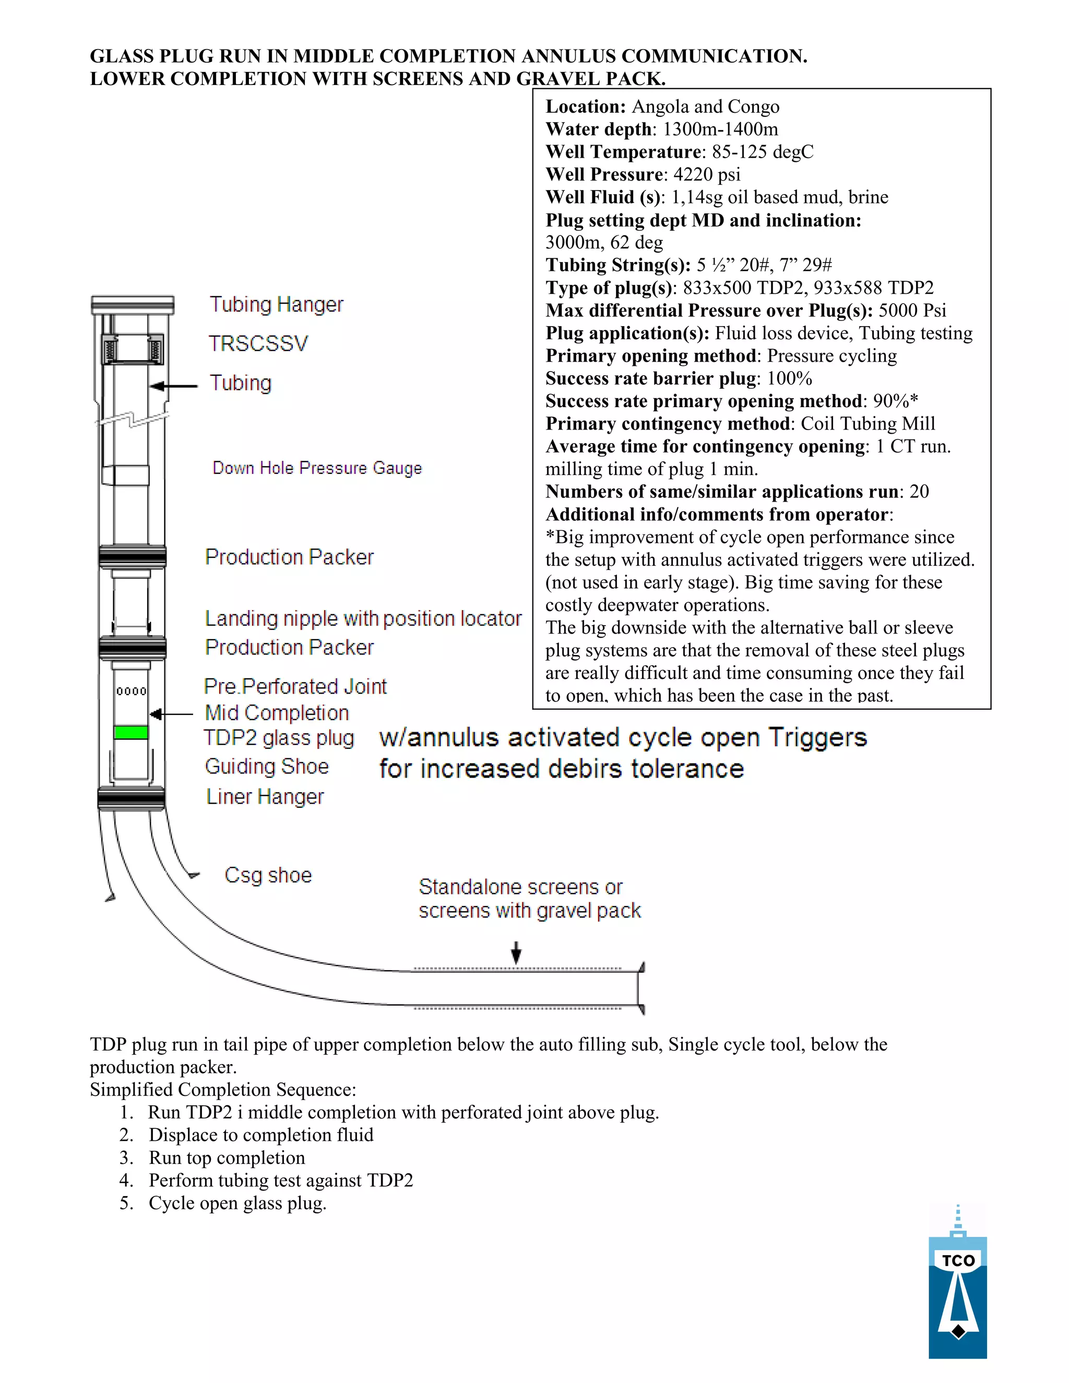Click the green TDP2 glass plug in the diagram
[131, 733]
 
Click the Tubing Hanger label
[276, 305]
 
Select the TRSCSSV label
[258, 344]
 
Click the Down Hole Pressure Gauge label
[317, 468]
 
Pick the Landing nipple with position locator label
[363, 618]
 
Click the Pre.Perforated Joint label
[295, 686]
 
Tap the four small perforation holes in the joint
[131, 691]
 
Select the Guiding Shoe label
[267, 767]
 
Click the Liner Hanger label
[265, 796]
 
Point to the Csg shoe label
[268, 875]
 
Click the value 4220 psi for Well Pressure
[706, 175]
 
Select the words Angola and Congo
[706, 107]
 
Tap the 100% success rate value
[789, 379]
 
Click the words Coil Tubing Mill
[868, 424]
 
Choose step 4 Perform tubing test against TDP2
[280, 1181]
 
